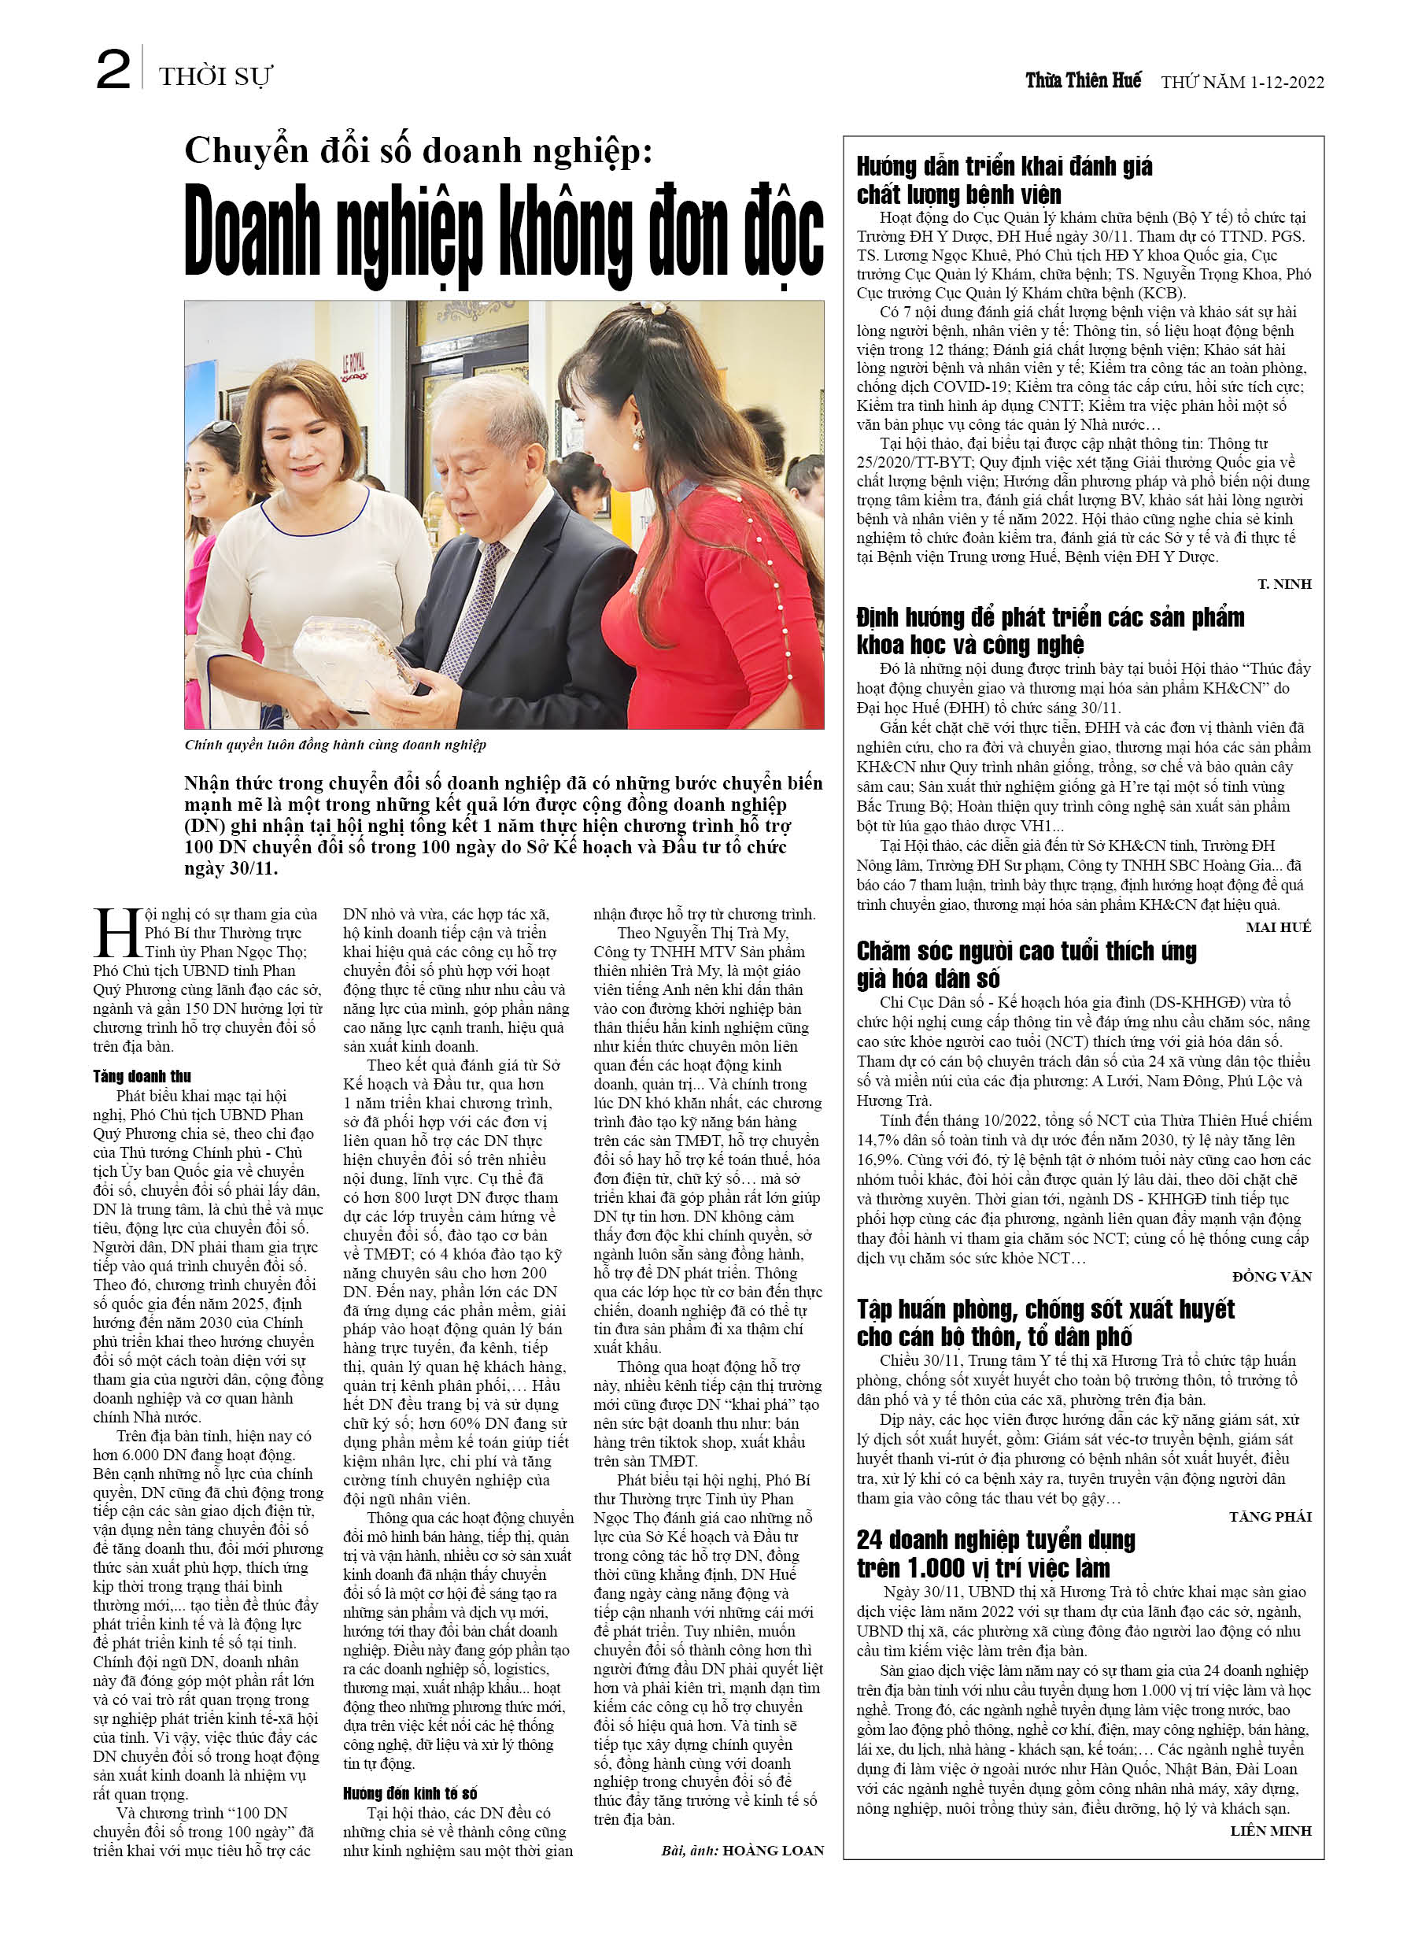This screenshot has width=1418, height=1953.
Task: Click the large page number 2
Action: tap(113, 71)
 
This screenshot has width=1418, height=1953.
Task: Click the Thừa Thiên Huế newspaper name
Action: tap(1082, 81)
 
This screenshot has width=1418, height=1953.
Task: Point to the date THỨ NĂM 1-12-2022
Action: tap(1242, 83)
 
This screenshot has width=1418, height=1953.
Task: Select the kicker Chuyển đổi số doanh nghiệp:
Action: tap(419, 150)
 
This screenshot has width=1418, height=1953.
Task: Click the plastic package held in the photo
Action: tap(353, 654)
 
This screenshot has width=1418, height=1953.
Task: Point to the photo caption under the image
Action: tap(335, 745)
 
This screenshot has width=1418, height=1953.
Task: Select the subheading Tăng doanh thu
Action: tap(142, 1076)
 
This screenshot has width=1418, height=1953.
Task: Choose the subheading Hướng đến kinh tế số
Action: tap(410, 1794)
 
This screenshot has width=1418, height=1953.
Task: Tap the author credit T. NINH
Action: tap(1283, 584)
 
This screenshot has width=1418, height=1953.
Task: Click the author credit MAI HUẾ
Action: tap(1278, 927)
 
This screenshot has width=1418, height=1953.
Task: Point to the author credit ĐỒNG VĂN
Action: tap(1272, 1276)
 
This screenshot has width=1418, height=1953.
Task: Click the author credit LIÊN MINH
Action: tap(1271, 1830)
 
